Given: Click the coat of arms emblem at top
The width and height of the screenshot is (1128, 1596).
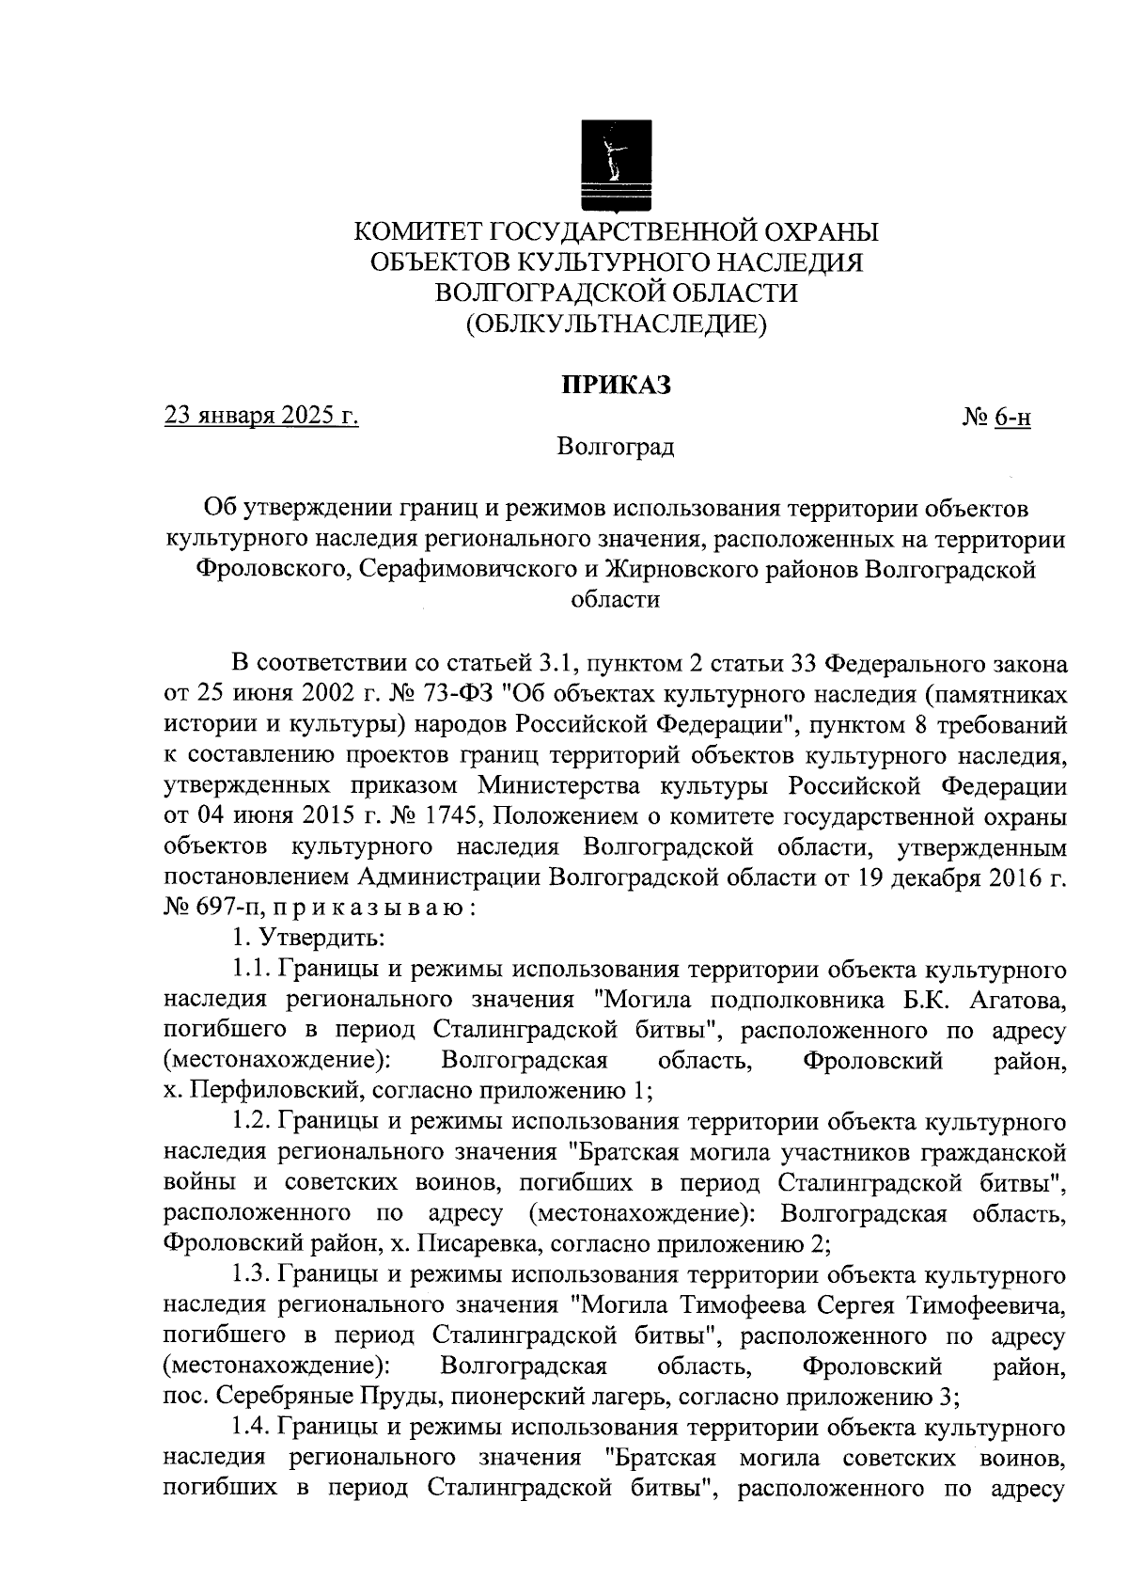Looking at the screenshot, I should coord(616,166).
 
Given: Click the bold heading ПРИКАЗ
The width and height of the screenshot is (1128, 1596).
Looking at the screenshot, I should coord(616,385).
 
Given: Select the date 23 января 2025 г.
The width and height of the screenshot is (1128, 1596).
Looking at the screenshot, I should coord(261,415).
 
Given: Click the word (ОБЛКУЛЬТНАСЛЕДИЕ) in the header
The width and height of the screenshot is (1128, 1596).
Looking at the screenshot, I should coord(616,324).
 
